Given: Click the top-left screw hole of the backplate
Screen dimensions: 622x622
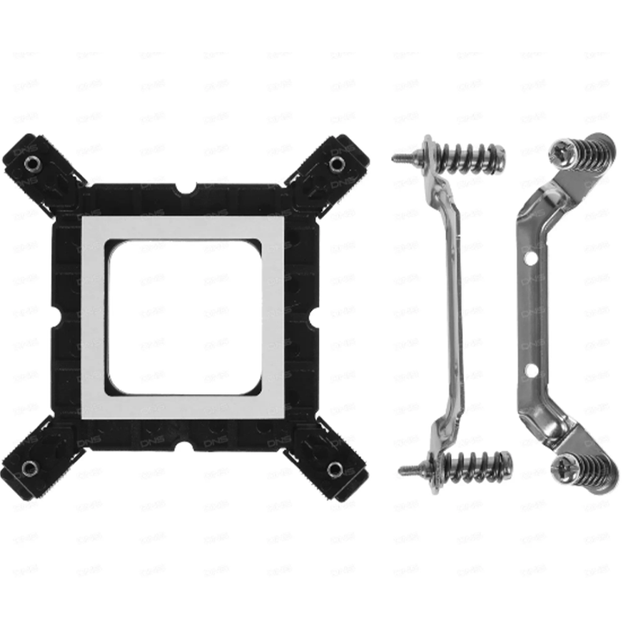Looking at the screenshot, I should [x=32, y=162].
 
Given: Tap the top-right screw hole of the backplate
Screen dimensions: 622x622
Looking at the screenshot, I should [x=335, y=162].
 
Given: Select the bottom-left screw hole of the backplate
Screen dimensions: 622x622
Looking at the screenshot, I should [x=30, y=467].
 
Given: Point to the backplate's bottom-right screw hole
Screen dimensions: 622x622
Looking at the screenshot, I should [x=335, y=469].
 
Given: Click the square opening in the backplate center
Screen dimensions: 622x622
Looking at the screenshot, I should [x=182, y=316].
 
